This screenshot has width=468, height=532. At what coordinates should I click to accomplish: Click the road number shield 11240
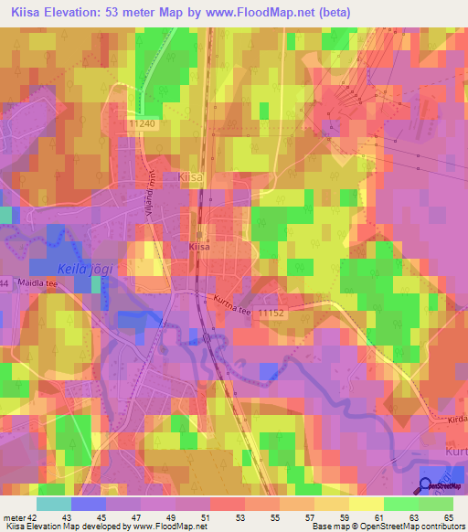144,122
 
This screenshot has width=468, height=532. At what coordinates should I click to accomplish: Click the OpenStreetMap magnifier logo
427,487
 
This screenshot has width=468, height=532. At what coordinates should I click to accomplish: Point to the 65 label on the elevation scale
448,517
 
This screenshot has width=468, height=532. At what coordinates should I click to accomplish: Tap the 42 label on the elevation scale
33,517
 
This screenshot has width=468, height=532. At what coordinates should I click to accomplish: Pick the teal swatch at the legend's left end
53,504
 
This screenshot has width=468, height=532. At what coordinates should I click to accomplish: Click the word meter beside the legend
13,517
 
